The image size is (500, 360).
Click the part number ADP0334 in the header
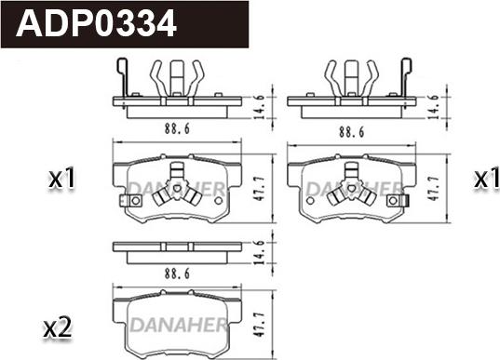point(96,23)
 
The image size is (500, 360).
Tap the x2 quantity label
point(58,328)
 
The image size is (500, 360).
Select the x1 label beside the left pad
point(61,179)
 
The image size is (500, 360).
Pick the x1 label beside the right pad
point(487,179)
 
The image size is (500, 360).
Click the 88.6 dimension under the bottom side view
point(177,273)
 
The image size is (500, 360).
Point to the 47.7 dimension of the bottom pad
point(258,325)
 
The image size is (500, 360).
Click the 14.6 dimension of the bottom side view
point(259,252)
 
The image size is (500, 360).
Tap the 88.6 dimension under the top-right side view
point(351,132)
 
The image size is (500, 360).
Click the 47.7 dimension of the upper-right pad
point(434,188)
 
